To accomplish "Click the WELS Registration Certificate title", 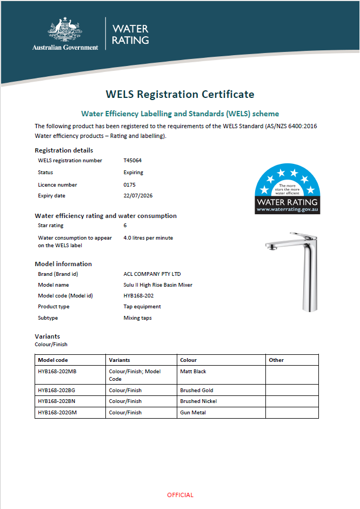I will coord(180,94).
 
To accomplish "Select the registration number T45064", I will coord(132,161).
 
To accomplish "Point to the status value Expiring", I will coord(134,173).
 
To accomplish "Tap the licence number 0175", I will coord(130,185).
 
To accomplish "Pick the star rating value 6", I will coord(125,226).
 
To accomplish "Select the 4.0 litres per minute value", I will coord(148,237).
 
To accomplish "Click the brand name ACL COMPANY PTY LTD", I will coord(152,274).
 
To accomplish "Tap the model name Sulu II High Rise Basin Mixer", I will coord(158,285).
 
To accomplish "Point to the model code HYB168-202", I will coord(138,296).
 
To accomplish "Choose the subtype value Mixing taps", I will coord(137,318).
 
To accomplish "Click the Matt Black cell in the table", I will coord(193,372).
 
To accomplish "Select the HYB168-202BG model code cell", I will coord(57,390).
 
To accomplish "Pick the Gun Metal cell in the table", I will coord(193,413).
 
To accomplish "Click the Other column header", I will coord(276,360).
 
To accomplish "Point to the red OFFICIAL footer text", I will coord(180,495).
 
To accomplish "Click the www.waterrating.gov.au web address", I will coord(288,209).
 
